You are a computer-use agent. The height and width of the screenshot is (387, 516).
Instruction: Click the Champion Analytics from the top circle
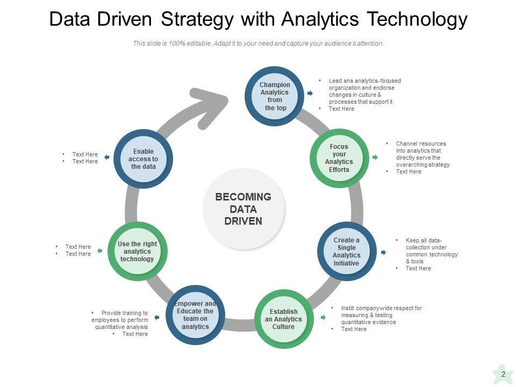tap(275, 96)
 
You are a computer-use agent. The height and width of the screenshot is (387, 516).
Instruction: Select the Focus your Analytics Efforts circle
tap(339, 158)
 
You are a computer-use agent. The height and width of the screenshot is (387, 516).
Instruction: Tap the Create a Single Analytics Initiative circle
tap(346, 251)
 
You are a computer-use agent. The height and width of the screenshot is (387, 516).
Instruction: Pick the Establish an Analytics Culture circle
tap(283, 319)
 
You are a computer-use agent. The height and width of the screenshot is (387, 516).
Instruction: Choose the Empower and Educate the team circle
tap(195, 315)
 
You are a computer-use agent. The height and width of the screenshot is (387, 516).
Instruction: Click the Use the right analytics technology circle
tap(137, 251)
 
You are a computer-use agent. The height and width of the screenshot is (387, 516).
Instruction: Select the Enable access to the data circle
tap(143, 159)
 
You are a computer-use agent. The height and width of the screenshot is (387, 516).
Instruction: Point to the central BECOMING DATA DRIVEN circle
tap(243, 209)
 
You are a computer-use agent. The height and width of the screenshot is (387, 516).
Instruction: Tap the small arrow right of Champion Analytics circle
tap(310, 94)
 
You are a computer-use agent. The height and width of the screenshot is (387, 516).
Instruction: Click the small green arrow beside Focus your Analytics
tap(375, 157)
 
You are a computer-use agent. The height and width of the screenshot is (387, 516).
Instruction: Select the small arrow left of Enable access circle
tap(106, 157)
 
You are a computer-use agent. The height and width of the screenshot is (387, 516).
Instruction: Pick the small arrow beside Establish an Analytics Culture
tap(323, 318)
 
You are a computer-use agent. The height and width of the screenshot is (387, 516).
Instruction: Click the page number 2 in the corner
tap(503, 374)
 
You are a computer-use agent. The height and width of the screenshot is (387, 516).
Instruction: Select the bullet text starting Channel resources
tap(422, 154)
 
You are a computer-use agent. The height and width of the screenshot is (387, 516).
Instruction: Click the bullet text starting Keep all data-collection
tap(431, 250)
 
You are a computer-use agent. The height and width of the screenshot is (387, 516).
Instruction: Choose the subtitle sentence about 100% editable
tap(258, 44)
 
